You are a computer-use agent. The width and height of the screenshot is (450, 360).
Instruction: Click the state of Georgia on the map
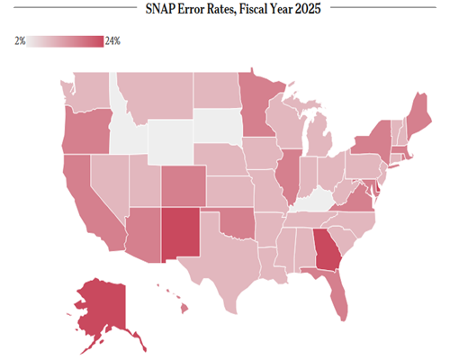pos(327,249)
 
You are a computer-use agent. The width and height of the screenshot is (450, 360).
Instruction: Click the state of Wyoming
pos(170,142)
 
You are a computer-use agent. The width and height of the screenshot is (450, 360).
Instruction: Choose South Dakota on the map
pos(218,126)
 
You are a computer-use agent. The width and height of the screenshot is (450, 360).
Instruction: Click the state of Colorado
pos(184,186)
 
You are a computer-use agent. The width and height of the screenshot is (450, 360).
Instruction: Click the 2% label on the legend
pos(20,41)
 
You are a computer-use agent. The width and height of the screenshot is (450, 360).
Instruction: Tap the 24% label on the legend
pos(112,41)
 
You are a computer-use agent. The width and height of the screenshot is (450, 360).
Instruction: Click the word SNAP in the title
pos(160,9)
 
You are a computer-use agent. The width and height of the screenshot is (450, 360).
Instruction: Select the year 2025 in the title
pos(308,9)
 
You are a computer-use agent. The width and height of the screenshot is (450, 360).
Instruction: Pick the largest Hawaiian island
pos(184,308)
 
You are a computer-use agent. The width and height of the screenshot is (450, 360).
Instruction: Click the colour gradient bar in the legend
pos(65,41)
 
